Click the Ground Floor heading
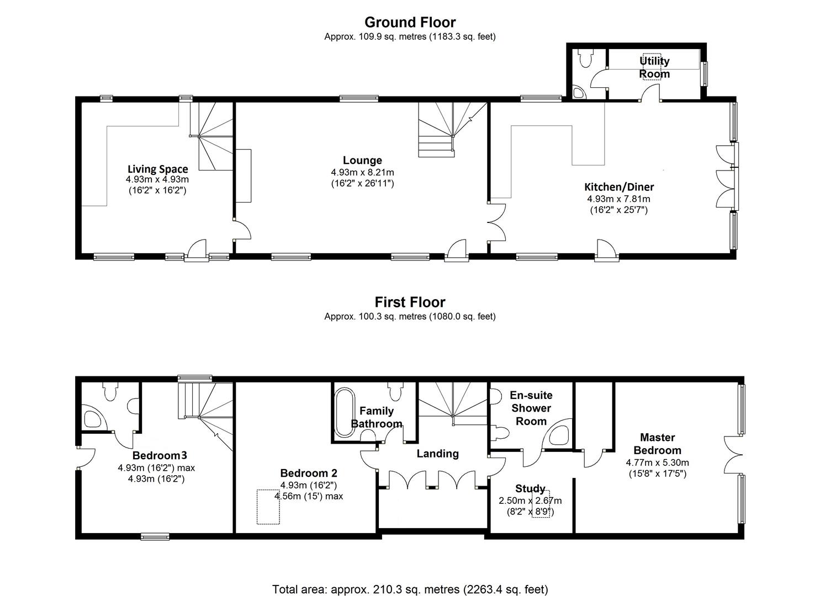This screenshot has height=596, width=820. [410, 22]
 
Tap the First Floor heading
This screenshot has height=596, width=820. [410, 302]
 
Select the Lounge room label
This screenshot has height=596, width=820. [362, 160]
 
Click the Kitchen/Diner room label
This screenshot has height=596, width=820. [619, 187]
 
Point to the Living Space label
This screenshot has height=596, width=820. [157, 169]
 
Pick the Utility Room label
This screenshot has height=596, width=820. [654, 67]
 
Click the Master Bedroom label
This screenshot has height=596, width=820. [657, 444]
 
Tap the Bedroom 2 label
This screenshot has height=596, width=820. [309, 473]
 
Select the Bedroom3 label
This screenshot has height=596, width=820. [160, 455]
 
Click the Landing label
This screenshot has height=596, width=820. [437, 453]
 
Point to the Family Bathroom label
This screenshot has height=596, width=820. [377, 417]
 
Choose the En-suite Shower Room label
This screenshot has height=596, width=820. [531, 408]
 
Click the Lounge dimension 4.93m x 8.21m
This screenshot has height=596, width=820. [362, 172]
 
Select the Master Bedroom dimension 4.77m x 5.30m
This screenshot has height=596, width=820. [657, 462]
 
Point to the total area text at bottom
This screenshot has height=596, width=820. [410, 589]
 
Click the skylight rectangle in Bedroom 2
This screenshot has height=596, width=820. [268, 507]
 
